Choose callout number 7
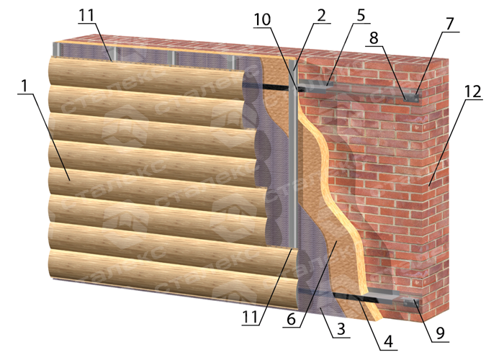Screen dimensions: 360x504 450,24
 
